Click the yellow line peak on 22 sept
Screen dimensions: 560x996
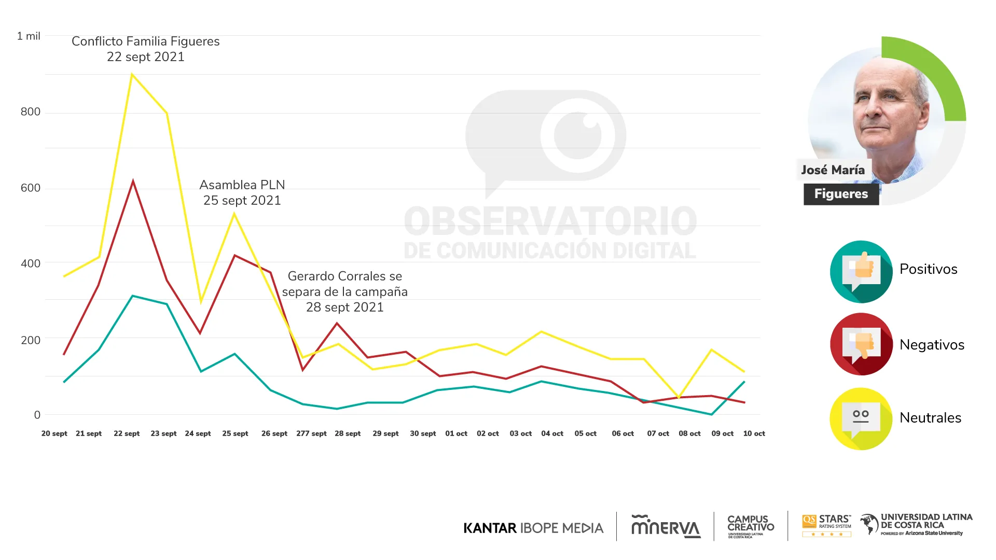tap(132, 75)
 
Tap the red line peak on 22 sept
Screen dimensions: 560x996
tap(133, 181)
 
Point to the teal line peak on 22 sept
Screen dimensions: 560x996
tap(133, 296)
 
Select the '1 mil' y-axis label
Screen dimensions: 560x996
tap(29, 36)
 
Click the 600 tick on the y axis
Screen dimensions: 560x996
tap(31, 188)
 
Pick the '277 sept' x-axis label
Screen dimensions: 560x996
tap(311, 433)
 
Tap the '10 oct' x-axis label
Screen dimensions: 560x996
tap(754, 433)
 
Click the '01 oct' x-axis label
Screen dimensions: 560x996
tap(456, 433)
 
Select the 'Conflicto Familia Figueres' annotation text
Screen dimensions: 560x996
tap(146, 41)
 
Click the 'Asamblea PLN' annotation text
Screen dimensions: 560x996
tap(242, 185)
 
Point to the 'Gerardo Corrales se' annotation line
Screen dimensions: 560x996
tap(345, 276)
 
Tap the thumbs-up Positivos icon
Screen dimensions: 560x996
tap(861, 271)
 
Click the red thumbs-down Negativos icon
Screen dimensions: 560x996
tap(861, 344)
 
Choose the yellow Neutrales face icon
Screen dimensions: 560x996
tap(861, 418)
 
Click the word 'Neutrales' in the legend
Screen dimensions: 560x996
tap(930, 418)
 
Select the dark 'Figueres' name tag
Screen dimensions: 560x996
tap(841, 194)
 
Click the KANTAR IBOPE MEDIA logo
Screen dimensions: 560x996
tap(533, 528)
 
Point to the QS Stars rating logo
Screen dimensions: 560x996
tap(826, 525)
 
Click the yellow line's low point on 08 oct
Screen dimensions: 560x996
tap(679, 398)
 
